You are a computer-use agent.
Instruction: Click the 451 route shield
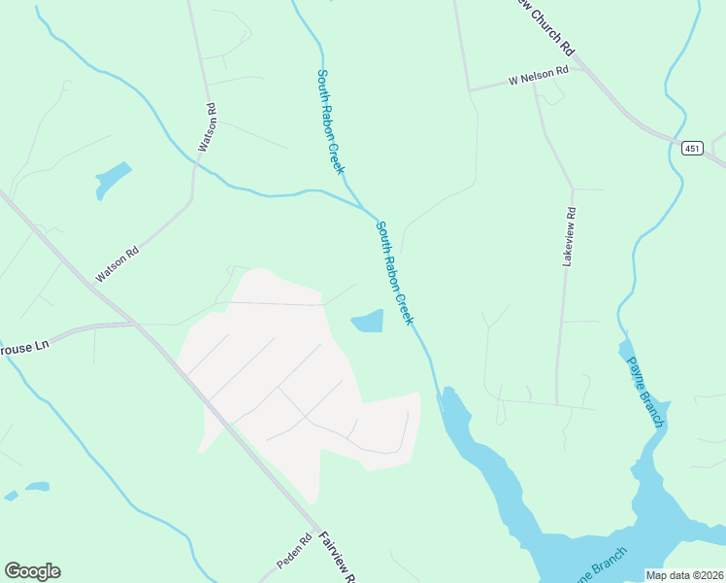[x=691, y=148]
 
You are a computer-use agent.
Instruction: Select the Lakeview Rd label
[x=570, y=237]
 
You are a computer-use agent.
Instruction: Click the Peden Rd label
[x=293, y=551]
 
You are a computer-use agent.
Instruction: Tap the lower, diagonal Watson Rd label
[x=117, y=263]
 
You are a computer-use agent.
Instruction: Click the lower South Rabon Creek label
[x=395, y=272]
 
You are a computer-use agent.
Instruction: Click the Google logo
[x=32, y=571]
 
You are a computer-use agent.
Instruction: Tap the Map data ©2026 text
[x=683, y=575]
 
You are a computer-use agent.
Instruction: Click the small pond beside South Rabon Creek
[x=367, y=321]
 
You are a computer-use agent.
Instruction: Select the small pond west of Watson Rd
[x=112, y=179]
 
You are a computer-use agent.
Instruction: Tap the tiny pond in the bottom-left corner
[x=37, y=486]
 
